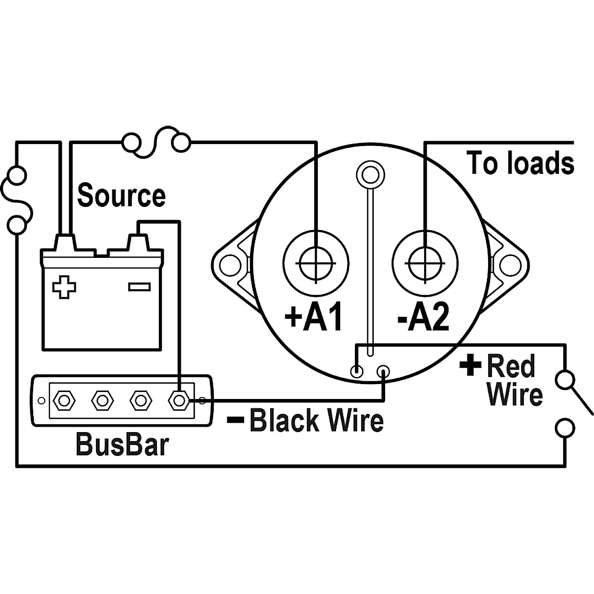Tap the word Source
(x=121, y=196)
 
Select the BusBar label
(x=122, y=445)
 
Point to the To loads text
(x=520, y=163)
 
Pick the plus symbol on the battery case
(x=64, y=287)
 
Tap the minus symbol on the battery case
(x=139, y=287)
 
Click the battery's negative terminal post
(x=138, y=243)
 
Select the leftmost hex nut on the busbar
(x=63, y=399)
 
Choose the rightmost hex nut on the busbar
(x=179, y=399)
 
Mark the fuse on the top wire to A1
(x=156, y=143)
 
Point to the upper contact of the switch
(x=564, y=380)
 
